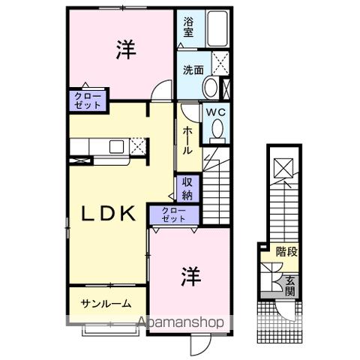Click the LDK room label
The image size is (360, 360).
(x=108, y=214)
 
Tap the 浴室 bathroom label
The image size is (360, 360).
(x=188, y=28)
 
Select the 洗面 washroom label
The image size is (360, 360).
(x=193, y=71)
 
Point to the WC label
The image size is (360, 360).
(x=216, y=113)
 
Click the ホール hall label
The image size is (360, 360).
(x=187, y=140)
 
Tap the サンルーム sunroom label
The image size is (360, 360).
(x=106, y=304)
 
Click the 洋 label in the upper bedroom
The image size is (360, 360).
(x=124, y=50)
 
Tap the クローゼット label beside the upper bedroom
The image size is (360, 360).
(x=86, y=100)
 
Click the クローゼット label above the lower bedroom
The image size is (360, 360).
(x=175, y=215)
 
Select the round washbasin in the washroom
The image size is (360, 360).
(x=211, y=86)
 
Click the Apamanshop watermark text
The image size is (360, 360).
(x=181, y=323)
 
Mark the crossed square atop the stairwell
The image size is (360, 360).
(x=283, y=168)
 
